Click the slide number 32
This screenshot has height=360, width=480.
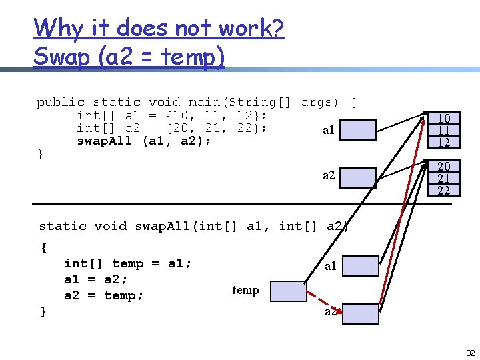click(470, 353)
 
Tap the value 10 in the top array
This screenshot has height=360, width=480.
click(443, 118)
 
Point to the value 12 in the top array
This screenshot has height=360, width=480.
click(443, 142)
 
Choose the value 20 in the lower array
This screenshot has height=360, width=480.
click(443, 167)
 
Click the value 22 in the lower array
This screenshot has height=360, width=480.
click(443, 191)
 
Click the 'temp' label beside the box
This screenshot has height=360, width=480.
click(245, 290)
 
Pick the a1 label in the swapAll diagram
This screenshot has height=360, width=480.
click(330, 267)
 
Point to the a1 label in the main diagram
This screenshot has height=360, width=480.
click(329, 131)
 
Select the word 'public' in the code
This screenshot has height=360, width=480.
click(61, 102)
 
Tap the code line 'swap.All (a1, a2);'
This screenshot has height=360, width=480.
click(144, 141)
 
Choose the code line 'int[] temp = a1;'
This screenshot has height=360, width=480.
click(128, 263)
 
